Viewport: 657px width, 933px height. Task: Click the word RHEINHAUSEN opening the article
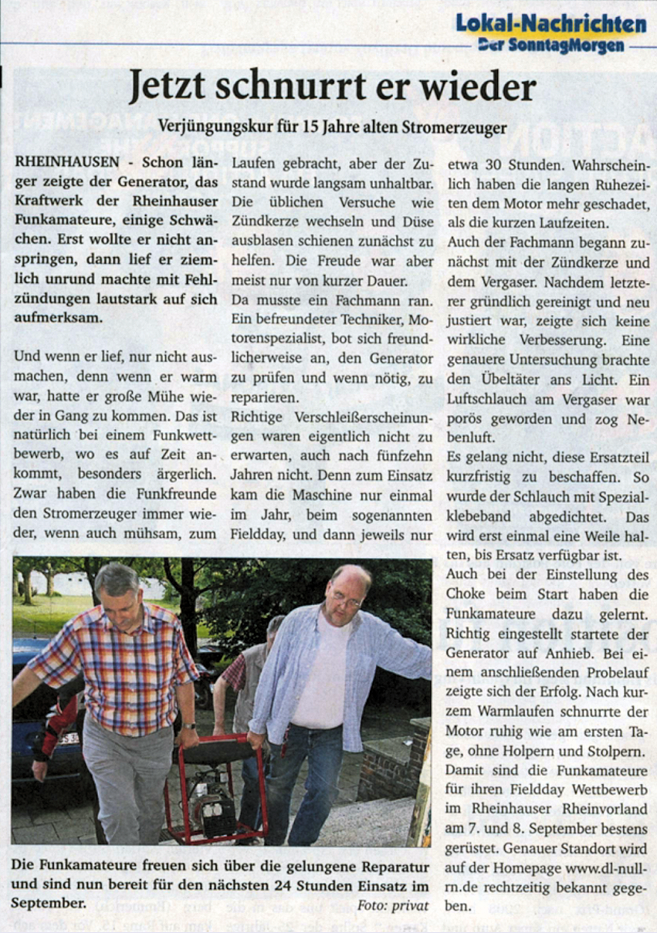pyautogui.click(x=66, y=164)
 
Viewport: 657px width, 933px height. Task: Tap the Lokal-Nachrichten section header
pyautogui.click(x=550, y=23)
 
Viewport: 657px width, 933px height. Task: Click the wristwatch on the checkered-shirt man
pyautogui.click(x=188, y=725)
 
